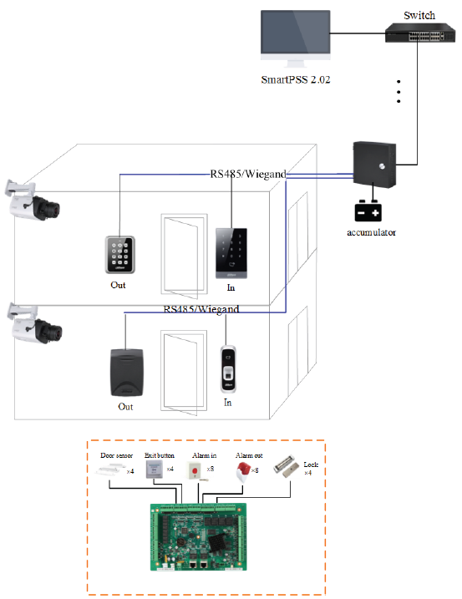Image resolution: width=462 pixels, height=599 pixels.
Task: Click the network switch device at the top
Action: pyautogui.click(x=419, y=33)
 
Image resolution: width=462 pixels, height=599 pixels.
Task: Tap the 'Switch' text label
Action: pyautogui.click(x=419, y=15)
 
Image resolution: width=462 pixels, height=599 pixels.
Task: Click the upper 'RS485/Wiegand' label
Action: pyautogui.click(x=247, y=174)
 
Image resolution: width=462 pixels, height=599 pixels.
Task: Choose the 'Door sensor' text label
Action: pyautogui.click(x=115, y=455)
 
